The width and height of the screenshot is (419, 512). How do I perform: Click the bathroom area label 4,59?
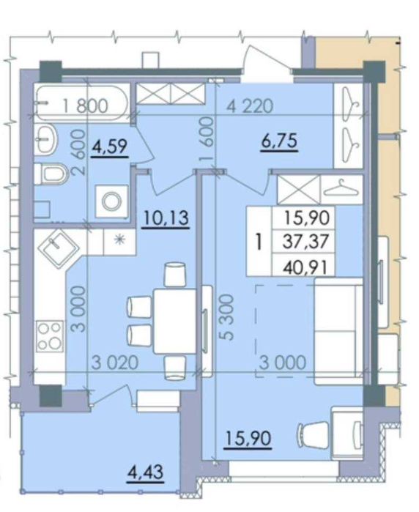109,146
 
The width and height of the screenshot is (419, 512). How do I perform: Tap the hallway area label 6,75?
279,141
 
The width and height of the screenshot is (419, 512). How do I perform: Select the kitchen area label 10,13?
166,218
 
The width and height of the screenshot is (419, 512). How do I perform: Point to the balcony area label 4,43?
145,472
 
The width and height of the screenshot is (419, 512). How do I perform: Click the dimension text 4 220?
250,106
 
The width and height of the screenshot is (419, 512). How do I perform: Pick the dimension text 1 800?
85,106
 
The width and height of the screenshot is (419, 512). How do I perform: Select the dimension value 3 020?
115,363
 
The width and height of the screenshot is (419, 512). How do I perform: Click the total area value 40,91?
305,268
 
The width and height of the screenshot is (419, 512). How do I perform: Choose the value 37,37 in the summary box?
305,242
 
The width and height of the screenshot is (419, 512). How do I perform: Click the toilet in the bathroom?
51,174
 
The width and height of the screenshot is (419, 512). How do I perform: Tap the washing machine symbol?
111,201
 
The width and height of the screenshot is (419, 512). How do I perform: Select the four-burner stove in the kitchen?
50,336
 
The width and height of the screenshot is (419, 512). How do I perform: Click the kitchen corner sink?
59,247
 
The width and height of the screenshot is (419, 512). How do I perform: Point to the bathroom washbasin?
46,138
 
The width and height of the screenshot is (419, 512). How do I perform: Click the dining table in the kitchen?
175,321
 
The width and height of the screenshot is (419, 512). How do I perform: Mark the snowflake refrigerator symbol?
119,240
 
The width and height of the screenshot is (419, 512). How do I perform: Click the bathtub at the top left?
81,103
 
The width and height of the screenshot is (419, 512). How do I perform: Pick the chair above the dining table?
175,274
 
